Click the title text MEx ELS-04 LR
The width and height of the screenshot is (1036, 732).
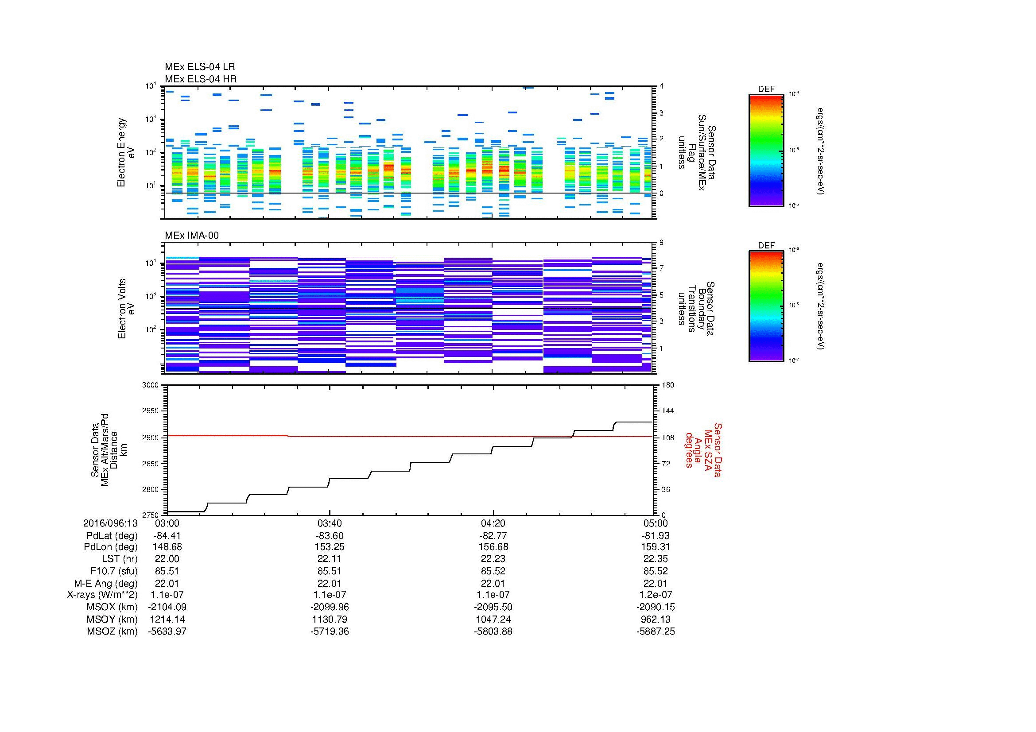tap(199, 67)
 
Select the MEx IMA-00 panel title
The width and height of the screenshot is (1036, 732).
tap(192, 236)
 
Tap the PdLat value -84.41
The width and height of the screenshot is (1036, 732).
tap(167, 536)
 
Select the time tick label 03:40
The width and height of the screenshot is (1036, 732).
tap(330, 523)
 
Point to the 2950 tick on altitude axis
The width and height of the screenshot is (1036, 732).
tap(150, 411)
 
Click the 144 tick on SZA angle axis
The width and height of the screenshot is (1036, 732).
tap(667, 411)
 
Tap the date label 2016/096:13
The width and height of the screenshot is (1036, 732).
tap(111, 523)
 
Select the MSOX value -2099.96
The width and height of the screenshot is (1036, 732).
tap(330, 607)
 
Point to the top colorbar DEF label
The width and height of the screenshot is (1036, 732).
tap(766, 90)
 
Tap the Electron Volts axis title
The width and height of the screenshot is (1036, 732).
tap(122, 309)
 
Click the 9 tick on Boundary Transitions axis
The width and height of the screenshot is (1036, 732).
tap(661, 243)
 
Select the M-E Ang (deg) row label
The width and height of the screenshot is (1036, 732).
tap(105, 583)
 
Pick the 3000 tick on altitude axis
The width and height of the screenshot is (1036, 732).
tap(150, 385)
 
